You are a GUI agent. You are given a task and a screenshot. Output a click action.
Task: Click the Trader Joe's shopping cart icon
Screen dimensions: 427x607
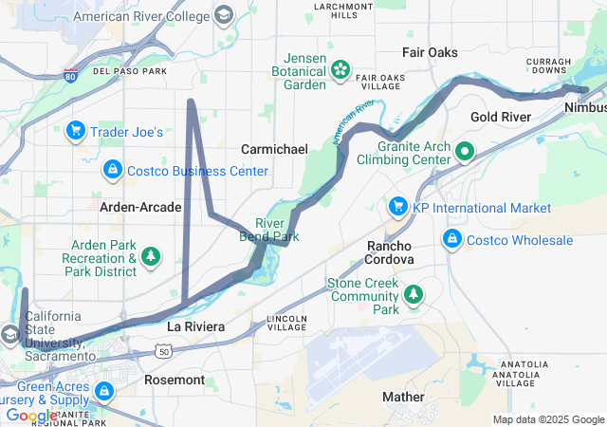pos(76,131)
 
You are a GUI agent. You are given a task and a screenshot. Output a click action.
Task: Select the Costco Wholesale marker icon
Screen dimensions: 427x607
pos(452,239)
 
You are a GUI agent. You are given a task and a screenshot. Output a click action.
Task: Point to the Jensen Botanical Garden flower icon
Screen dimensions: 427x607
pos(340,69)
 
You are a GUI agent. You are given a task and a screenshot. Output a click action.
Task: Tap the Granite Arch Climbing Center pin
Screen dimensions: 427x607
pos(465,151)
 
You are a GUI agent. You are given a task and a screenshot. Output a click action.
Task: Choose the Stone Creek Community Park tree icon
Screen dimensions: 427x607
pos(414,296)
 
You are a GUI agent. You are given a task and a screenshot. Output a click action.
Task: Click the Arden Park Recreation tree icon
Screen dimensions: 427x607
pos(150,256)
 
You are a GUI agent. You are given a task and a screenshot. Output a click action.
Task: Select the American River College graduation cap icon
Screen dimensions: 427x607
pos(224,16)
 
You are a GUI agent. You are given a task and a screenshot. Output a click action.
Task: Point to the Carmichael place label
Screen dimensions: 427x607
pos(274,149)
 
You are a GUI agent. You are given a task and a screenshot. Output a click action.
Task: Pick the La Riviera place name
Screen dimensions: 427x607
pos(196,326)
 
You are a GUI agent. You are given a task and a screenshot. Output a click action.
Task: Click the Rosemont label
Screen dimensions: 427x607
pos(174,380)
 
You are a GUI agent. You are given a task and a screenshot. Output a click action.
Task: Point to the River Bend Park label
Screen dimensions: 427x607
pos(269,230)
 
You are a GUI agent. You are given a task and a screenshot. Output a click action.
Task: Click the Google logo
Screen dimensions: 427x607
pos(31,415)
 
